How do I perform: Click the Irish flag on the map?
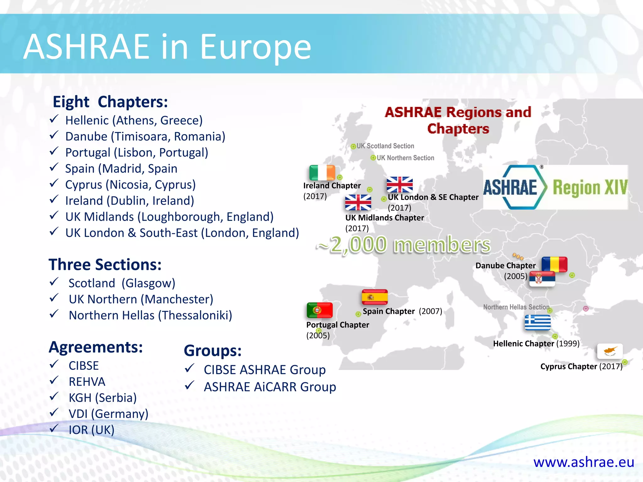(322, 173)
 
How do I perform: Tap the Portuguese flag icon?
(320, 310)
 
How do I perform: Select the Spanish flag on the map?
(375, 297)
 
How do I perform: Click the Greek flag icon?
(538, 323)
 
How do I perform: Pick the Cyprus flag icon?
(610, 351)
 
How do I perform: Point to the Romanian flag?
(554, 264)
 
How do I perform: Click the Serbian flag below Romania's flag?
(542, 279)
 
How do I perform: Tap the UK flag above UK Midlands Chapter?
(358, 202)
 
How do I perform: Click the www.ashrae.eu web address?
(584, 462)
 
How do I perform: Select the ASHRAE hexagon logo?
(515, 187)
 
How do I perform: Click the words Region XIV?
(590, 188)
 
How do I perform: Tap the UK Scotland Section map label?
(385, 146)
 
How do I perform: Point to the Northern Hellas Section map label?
(516, 307)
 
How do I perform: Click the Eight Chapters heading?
(110, 102)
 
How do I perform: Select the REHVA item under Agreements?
(87, 382)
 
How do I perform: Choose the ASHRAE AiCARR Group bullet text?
(270, 387)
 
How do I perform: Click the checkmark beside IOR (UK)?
(54, 428)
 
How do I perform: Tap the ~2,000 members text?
(404, 244)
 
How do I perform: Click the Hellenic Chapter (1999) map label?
(536, 344)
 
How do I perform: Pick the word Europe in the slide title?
(255, 47)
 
